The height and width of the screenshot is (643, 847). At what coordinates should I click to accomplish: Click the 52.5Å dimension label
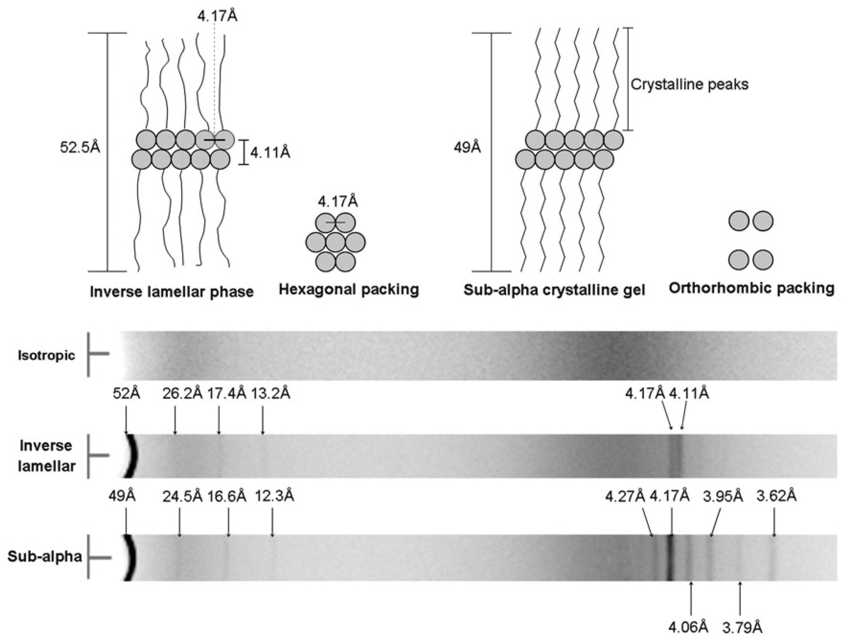click(x=80, y=147)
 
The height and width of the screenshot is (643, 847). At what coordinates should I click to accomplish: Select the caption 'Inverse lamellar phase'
click(x=172, y=292)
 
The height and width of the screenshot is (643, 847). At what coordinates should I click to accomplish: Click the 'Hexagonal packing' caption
click(x=349, y=289)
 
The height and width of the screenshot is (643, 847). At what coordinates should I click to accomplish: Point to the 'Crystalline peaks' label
click(x=689, y=84)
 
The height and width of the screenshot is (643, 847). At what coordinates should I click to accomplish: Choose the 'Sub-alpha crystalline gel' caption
click(x=554, y=290)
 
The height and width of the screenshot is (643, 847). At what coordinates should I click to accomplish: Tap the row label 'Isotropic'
click(x=46, y=355)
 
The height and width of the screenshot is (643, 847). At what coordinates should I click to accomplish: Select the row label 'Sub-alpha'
click(x=45, y=557)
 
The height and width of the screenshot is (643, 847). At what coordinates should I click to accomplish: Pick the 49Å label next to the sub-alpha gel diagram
click(x=467, y=147)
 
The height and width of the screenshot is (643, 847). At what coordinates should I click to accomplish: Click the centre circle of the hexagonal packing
click(x=336, y=242)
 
